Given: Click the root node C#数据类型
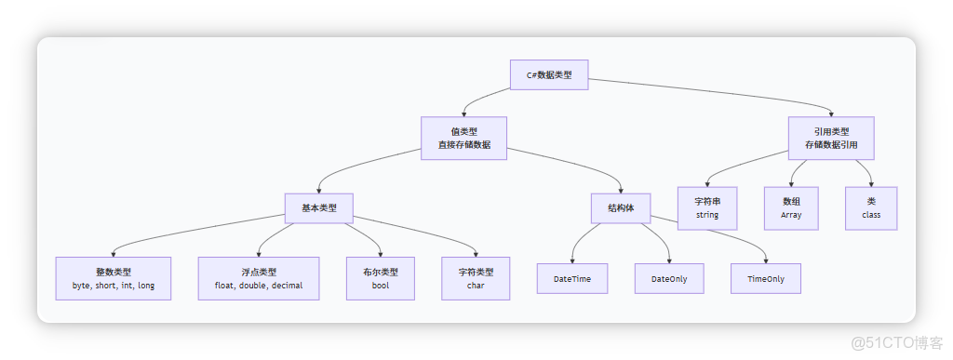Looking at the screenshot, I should click(549, 74).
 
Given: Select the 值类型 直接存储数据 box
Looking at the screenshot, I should click(463, 139).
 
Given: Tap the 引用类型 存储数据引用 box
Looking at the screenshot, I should click(831, 139).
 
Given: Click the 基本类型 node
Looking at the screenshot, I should click(319, 207).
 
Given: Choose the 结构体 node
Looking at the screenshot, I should click(621, 207).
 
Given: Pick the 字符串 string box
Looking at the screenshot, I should click(715, 208).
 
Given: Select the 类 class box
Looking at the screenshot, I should click(871, 208).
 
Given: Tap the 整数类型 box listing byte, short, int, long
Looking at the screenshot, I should click(114, 278).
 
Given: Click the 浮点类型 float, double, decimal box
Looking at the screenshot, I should click(259, 278).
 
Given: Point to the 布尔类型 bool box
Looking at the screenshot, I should click(380, 278).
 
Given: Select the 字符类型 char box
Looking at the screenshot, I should click(476, 278).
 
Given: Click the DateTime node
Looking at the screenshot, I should click(572, 278).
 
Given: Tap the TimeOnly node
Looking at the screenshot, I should click(765, 278).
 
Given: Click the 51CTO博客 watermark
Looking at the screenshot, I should click(899, 341).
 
